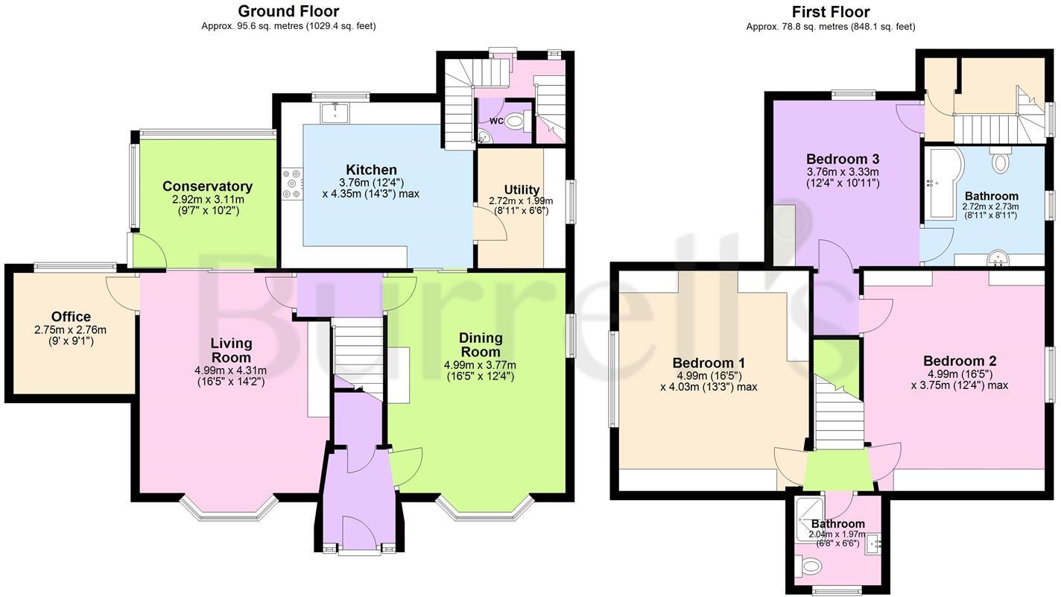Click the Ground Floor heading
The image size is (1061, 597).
click(288, 11)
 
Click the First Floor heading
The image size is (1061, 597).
click(831, 11)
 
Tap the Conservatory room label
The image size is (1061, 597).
click(207, 186)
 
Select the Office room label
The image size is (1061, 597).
click(71, 317)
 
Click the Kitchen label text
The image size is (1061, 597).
click(371, 170)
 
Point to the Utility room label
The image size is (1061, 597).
click(522, 189)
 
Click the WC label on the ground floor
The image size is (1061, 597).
click(496, 121)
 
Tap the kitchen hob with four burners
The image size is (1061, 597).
click(291, 183)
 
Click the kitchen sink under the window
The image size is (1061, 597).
click(336, 113)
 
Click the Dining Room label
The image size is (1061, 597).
click(480, 344)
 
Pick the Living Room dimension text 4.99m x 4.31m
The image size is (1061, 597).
click(231, 370)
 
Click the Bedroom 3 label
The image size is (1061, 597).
click(843, 159)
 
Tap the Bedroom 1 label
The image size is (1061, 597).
click(708, 363)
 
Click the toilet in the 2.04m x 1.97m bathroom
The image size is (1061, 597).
click(807, 567)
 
